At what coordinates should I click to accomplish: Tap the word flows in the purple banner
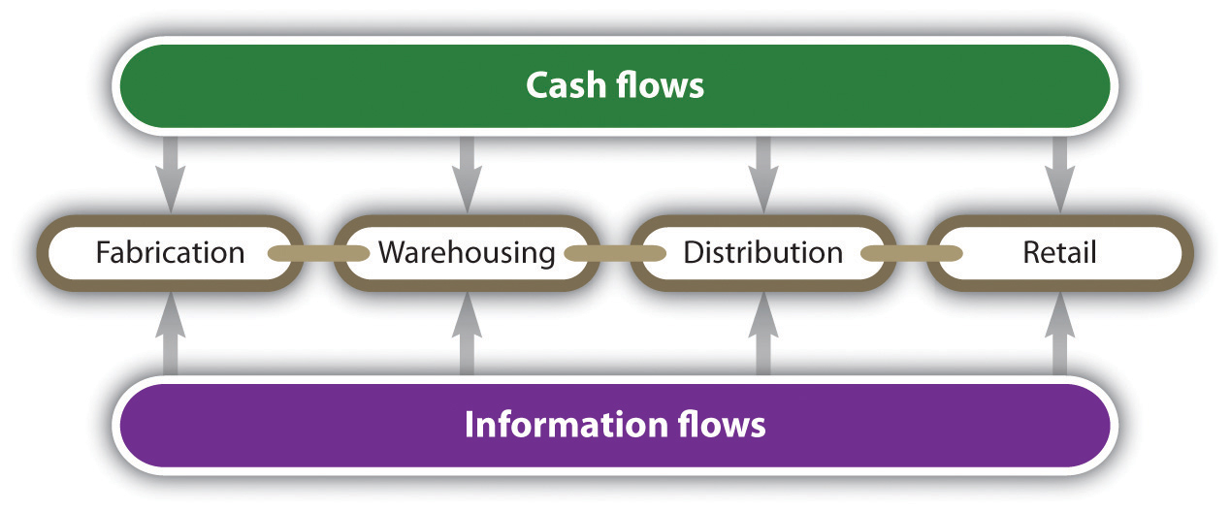coord(722,425)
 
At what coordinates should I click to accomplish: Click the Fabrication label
coord(171,253)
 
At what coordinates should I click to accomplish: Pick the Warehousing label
coord(468,254)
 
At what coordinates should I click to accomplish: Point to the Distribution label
coord(763,253)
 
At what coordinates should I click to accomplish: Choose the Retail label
coord(1059,253)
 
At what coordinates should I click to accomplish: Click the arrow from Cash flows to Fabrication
coord(171,175)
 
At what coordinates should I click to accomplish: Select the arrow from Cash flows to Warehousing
coord(468,175)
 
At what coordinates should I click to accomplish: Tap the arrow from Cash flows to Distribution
coord(763,175)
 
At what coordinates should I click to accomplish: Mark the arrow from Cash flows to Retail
coord(1059,175)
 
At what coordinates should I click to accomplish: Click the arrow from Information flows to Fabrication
coord(171,333)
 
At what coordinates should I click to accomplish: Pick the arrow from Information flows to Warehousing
coord(468,333)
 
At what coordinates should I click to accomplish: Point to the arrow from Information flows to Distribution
coord(763,333)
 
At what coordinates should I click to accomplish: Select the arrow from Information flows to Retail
coord(1059,333)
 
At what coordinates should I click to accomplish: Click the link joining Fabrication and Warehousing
coord(319,253)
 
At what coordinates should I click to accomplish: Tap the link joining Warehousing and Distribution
coord(615,253)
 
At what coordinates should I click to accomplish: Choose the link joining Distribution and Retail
coord(912,253)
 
